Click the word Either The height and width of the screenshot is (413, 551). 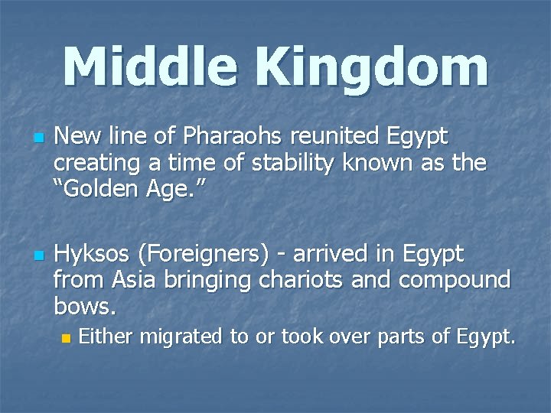[x=104, y=336]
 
